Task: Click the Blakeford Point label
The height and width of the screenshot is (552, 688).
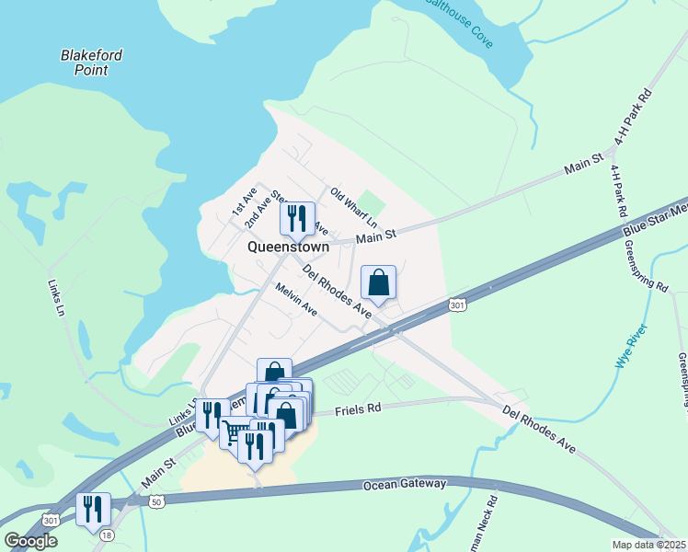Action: (91, 62)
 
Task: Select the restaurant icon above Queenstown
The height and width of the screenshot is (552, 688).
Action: (296, 218)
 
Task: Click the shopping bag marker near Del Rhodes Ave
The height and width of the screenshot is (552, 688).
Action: (378, 282)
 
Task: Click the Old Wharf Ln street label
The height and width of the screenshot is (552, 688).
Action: (354, 208)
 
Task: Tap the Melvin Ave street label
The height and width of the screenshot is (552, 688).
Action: (296, 300)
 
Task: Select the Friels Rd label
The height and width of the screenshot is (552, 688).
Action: (359, 408)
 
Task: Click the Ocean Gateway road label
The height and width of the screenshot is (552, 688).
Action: (404, 484)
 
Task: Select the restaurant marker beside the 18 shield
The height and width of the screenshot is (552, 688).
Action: (93, 509)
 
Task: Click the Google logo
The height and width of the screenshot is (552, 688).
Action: (30, 541)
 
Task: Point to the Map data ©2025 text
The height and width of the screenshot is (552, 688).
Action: (648, 545)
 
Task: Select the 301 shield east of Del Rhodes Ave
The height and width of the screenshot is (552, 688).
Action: (457, 305)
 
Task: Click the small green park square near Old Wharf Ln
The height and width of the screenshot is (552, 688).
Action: (370, 201)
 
